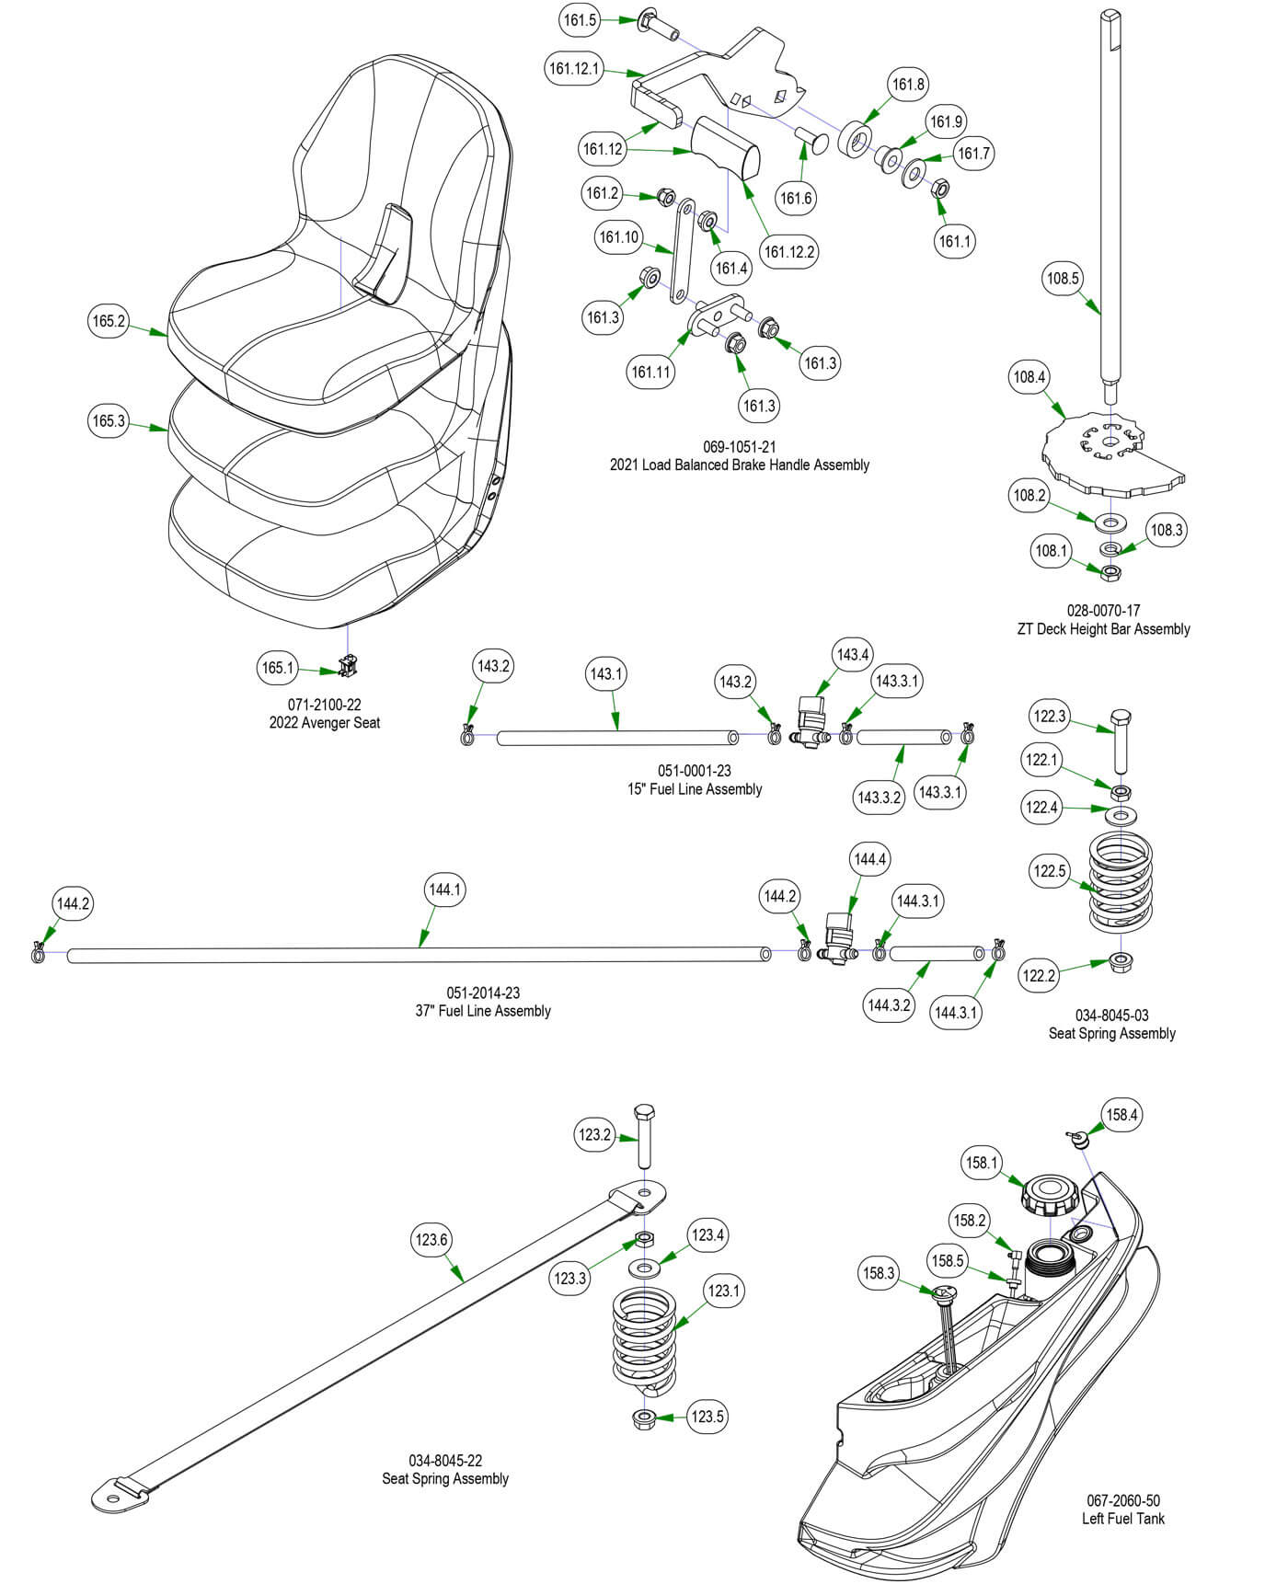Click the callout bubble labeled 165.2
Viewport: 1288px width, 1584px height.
pyautogui.click(x=109, y=321)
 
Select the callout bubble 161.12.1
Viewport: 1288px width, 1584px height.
pyautogui.click(x=574, y=68)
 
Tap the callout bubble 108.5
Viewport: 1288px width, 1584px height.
pyautogui.click(x=1063, y=278)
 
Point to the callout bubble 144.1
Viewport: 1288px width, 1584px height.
pyautogui.click(x=444, y=890)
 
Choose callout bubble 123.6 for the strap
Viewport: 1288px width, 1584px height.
pyautogui.click(x=431, y=1239)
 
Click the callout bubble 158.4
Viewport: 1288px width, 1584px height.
pyautogui.click(x=1121, y=1115)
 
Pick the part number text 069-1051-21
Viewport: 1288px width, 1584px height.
pyautogui.click(x=739, y=447)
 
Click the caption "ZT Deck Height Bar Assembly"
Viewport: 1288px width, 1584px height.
pyautogui.click(x=1103, y=629)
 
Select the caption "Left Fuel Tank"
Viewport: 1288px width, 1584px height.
pyautogui.click(x=1122, y=1519)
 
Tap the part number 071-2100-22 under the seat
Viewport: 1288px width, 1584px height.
pyautogui.click(x=324, y=705)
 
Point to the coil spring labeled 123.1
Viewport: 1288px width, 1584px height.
pyautogui.click(x=643, y=1336)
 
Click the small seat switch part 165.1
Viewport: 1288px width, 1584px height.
pyautogui.click(x=347, y=665)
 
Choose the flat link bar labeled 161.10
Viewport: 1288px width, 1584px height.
pyautogui.click(x=682, y=253)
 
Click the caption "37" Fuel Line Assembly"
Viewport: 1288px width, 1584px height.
pyautogui.click(x=482, y=1011)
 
